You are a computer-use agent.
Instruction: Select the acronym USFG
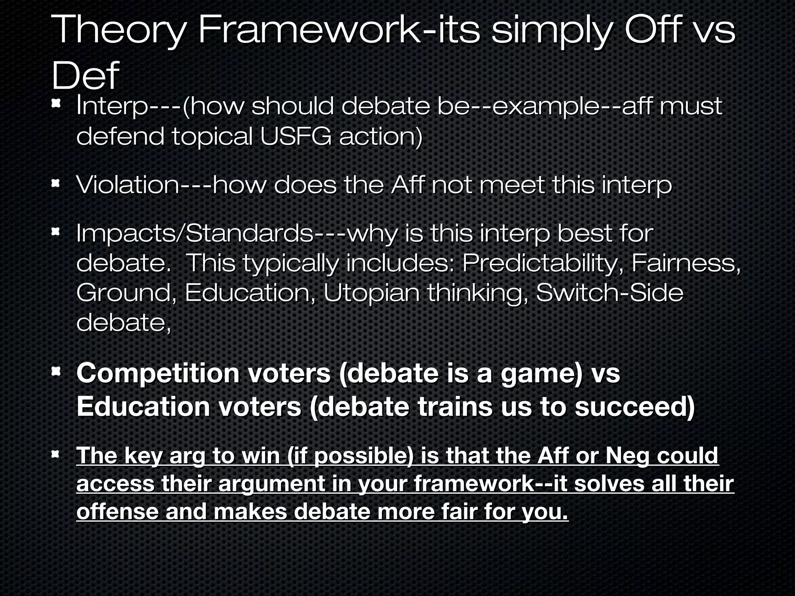point(296,136)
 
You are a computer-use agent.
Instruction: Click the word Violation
point(127,185)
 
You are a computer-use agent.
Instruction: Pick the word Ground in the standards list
point(123,293)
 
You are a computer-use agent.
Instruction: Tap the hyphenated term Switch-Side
point(609,293)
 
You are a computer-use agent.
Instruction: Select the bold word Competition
point(158,373)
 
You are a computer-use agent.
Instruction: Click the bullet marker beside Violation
point(56,182)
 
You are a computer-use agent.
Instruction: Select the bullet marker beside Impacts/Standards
point(56,232)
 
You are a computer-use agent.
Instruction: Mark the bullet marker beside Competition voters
point(56,372)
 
